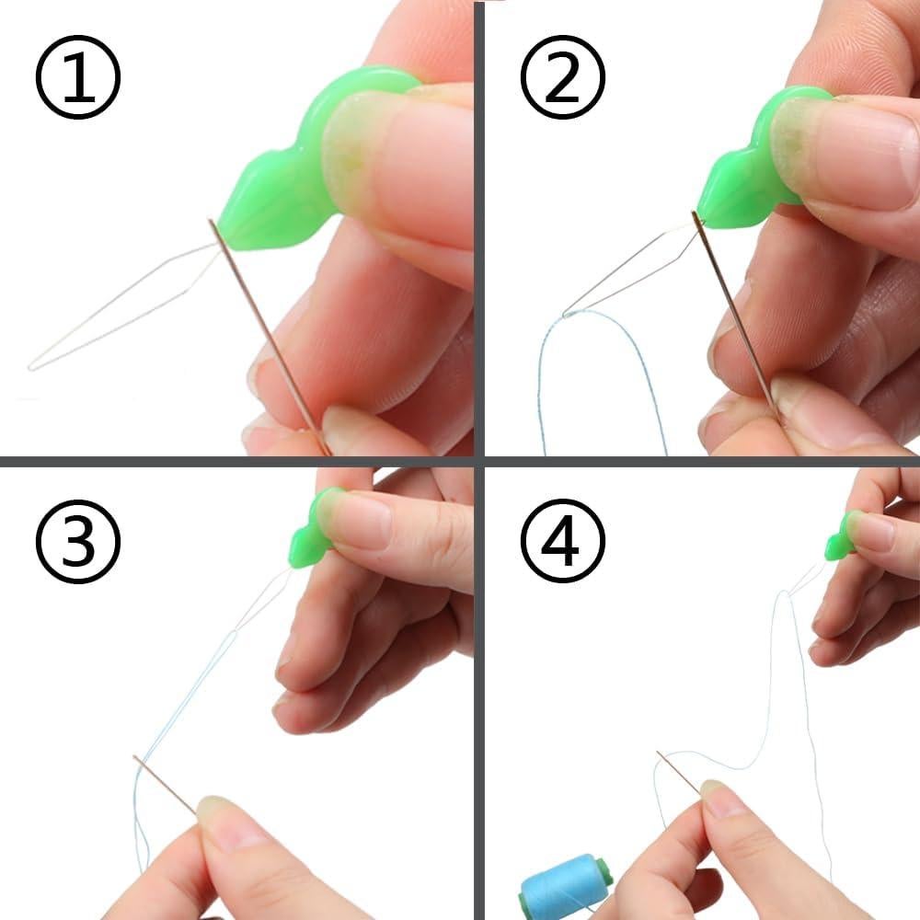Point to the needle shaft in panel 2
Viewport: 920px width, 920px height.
[736, 313]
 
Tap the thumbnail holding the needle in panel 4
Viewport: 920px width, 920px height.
[727, 800]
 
